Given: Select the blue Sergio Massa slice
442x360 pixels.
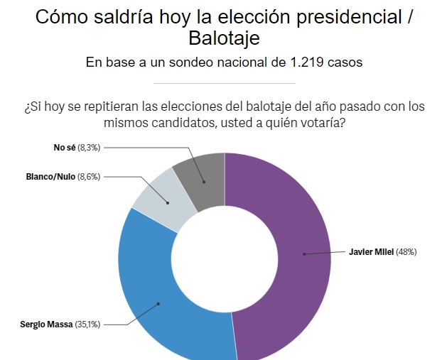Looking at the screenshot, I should click(x=156, y=298).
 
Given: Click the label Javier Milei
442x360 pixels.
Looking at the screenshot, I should click(x=372, y=251).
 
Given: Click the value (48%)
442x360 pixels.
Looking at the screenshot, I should click(x=406, y=251).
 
